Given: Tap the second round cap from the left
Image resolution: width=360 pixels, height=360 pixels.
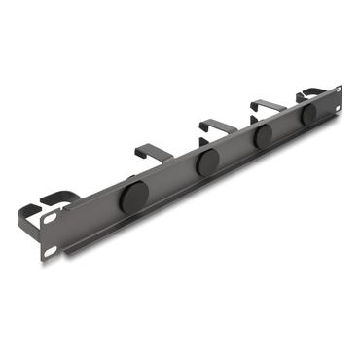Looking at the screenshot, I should [x=207, y=162].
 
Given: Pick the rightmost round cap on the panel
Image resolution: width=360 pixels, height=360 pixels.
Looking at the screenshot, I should [x=309, y=114].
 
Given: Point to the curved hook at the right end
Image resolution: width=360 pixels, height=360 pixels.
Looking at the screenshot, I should [x=313, y=92].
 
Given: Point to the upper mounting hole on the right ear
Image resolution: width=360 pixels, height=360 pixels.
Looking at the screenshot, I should [x=336, y=89].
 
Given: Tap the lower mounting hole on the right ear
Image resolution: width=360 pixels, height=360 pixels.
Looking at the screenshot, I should [x=340, y=106].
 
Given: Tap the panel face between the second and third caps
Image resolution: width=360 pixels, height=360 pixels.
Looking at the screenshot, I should [x=235, y=151].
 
